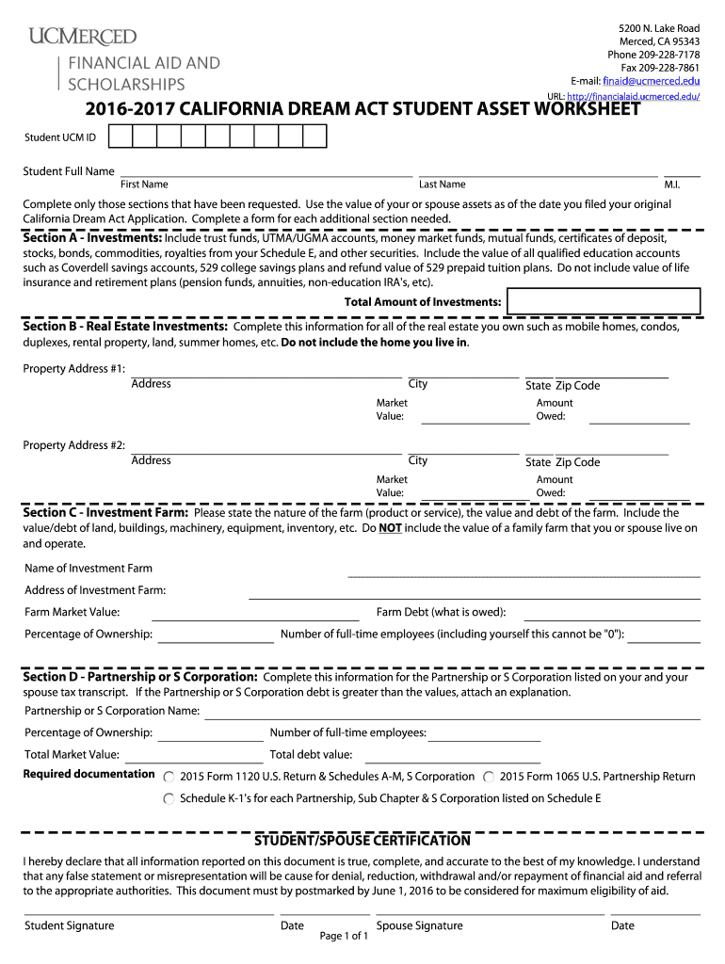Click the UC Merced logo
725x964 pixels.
point(83,37)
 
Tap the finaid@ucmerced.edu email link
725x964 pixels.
point(651,82)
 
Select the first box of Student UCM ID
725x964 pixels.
point(120,137)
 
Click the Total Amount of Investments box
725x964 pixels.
point(603,301)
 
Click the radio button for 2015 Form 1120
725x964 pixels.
point(169,777)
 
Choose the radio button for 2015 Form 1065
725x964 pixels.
point(489,777)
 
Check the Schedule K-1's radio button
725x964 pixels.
point(169,798)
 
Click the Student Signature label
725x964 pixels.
point(69,925)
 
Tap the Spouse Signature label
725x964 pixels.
point(419,925)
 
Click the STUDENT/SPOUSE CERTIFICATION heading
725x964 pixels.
point(362,840)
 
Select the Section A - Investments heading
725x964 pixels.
point(92,238)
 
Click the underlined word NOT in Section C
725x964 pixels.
point(390,528)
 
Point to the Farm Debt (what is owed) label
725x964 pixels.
point(441,612)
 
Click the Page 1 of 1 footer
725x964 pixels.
point(344,936)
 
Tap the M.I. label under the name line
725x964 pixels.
point(671,185)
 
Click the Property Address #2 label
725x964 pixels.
point(73,445)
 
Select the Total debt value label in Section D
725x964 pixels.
point(311,754)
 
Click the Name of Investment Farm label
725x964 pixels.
point(88,569)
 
